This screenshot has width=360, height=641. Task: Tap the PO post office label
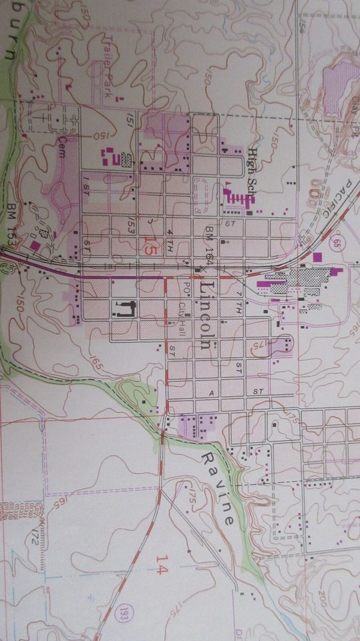point(186,285)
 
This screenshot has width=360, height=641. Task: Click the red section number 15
point(152,246)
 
